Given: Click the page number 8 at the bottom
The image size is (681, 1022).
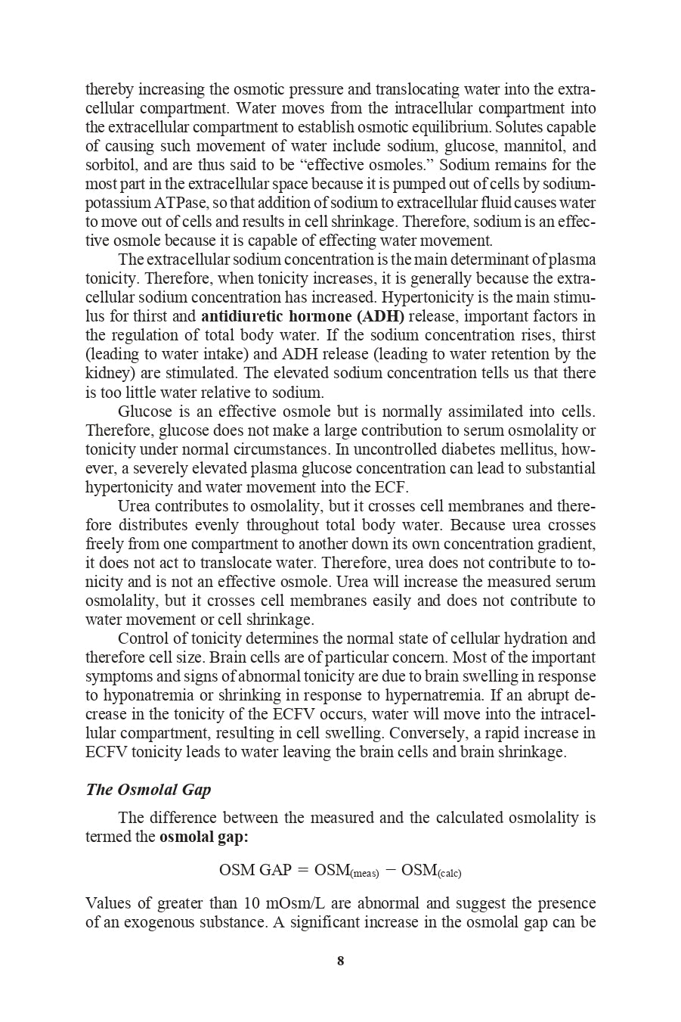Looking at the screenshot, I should [340, 961].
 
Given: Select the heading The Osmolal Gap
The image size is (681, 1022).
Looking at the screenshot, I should [148, 790].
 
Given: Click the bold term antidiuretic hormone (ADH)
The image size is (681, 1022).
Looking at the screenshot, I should [302, 316].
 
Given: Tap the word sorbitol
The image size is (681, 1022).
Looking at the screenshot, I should [107, 165].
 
